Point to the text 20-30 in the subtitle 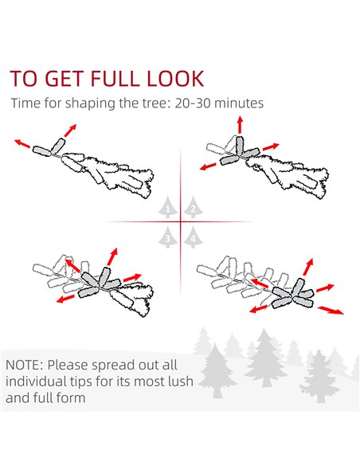click(192, 104)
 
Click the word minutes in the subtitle click(239, 104)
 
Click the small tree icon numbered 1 click(168, 207)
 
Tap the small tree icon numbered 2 click(193, 207)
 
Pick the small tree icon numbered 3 click(168, 236)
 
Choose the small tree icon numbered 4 click(193, 236)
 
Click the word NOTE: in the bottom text click(25, 365)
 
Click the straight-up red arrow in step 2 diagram click(240, 125)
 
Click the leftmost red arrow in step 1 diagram click(22, 143)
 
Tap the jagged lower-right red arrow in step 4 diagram click(331, 311)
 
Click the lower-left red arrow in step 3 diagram click(65, 299)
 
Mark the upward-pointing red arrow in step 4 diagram click(308, 267)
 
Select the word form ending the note click(72, 397)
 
